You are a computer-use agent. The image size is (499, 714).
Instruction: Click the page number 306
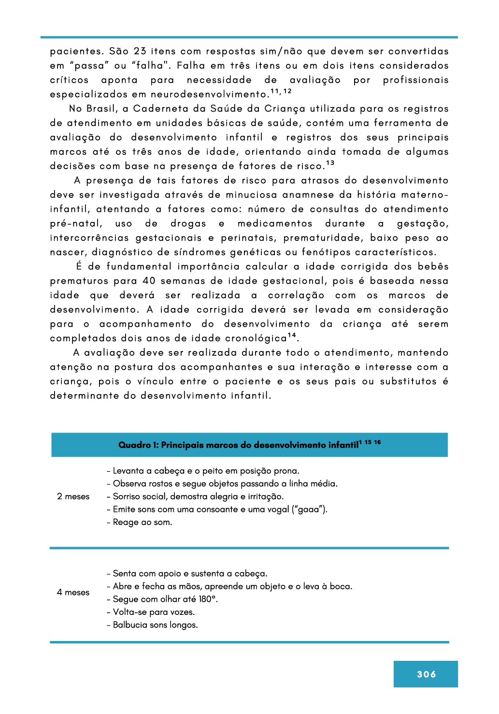coord(426,674)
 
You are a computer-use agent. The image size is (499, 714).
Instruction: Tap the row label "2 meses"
coord(73,496)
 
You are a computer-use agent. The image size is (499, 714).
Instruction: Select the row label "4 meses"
coord(73,592)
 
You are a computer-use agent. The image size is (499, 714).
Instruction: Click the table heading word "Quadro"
coord(135,445)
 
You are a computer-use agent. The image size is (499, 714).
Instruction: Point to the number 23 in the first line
coord(140,51)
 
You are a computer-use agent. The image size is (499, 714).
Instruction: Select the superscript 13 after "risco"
coord(330,163)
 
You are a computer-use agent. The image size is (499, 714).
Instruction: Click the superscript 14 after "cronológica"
coord(292,335)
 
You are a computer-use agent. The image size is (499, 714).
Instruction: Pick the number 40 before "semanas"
coord(149,281)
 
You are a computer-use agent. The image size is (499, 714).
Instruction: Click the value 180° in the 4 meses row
coord(208,599)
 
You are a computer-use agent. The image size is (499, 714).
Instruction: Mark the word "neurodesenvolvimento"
coord(209,94)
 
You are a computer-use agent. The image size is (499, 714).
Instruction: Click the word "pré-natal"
coord(76,224)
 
